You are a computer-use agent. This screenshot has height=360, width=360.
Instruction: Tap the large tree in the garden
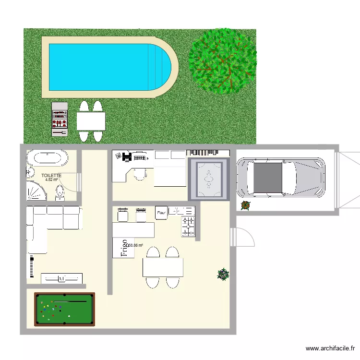coord(222,61)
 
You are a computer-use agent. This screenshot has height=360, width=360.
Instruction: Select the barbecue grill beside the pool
coord(60,119)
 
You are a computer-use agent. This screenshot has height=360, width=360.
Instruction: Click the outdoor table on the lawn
coord(91,121)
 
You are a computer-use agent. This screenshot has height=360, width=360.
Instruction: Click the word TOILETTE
coord(51,176)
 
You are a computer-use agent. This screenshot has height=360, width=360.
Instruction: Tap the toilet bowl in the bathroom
coord(60,192)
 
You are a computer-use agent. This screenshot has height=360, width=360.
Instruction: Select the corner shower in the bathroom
coord(36,191)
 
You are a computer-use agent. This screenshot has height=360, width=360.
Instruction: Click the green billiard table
coord(64,309)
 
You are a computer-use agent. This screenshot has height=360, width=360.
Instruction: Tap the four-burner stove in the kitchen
coord(188,227)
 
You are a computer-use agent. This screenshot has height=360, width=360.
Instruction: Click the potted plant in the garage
coord(245,205)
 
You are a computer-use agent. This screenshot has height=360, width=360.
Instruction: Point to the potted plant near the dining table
coord(223,274)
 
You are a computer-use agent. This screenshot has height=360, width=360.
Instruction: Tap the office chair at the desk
coord(140,175)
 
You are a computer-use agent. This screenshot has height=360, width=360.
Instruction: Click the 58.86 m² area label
coord(135,245)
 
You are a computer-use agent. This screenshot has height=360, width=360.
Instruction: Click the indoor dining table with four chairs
coord(163,267)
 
